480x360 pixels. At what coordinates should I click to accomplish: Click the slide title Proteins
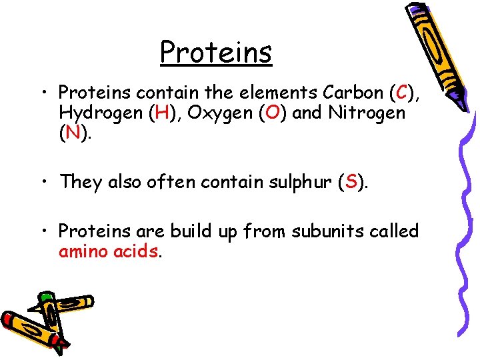[216, 51]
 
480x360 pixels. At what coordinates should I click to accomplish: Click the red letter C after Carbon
[401, 91]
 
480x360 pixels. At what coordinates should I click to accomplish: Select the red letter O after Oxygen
[273, 113]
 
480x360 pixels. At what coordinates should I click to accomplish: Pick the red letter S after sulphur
[351, 182]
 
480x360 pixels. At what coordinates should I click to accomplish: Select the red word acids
[137, 252]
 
